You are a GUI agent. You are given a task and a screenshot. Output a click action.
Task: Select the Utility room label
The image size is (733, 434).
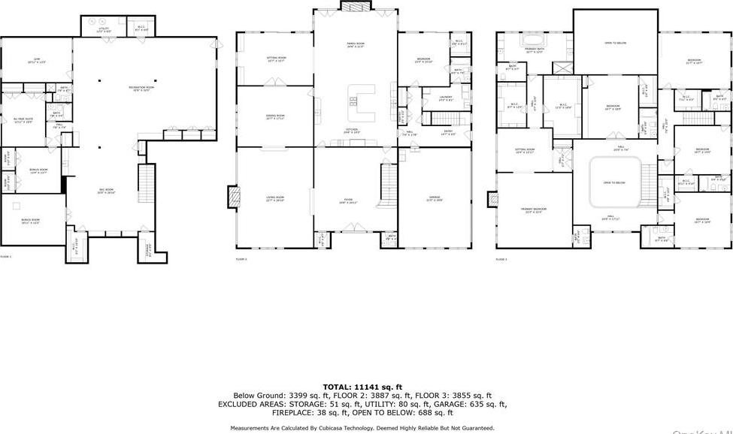point(104,31)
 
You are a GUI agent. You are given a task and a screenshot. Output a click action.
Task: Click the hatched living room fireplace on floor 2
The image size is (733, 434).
point(234,197)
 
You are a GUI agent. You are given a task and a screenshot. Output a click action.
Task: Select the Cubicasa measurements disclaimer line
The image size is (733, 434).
point(362,427)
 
